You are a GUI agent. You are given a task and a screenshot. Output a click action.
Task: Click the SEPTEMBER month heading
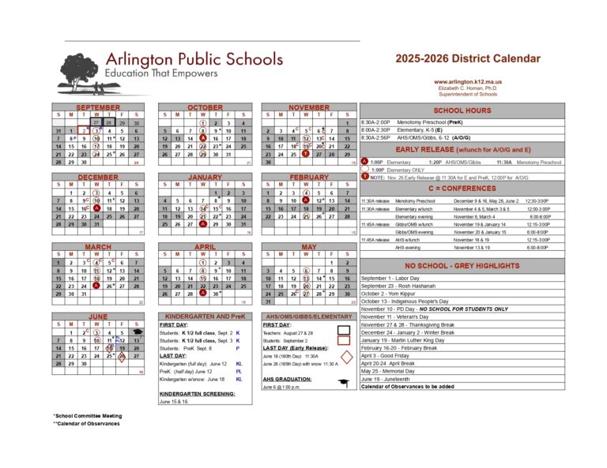tap(98, 107)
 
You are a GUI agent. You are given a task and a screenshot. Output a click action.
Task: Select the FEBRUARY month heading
tap(308, 178)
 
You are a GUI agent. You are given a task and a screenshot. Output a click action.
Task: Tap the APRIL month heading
tap(204, 247)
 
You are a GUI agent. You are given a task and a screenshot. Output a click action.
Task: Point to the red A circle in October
tap(203, 138)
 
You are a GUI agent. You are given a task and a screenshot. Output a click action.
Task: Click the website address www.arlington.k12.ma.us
tap(468, 81)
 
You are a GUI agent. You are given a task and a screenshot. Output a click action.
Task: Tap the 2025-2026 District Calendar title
tap(468, 58)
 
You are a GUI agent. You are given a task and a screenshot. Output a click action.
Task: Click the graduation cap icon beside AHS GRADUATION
tap(343, 384)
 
